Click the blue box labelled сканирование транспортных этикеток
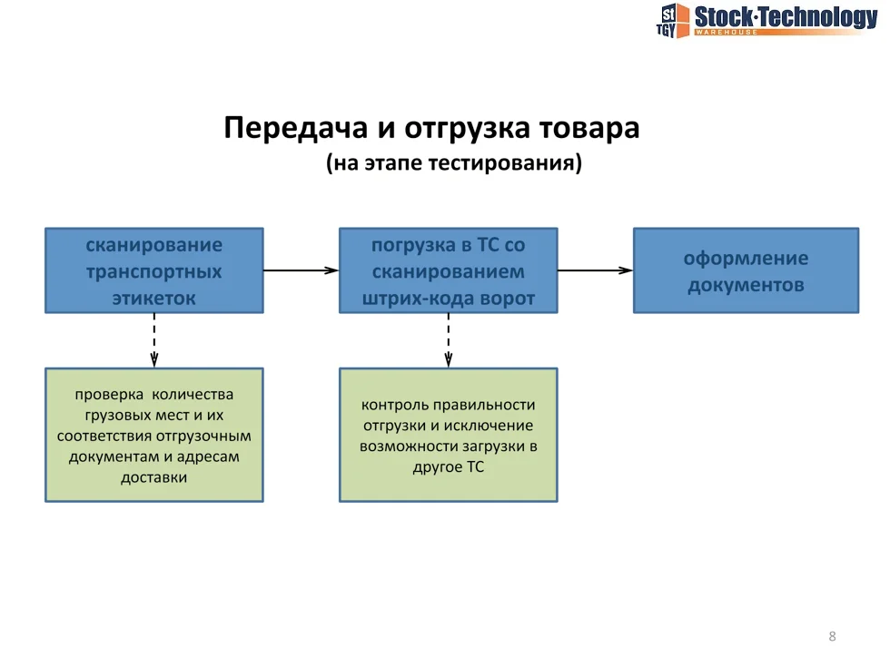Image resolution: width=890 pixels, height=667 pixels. (154, 270)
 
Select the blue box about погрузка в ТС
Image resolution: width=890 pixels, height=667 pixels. (448, 270)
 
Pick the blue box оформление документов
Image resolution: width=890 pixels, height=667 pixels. (746, 270)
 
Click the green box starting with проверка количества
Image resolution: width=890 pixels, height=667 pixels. (154, 435)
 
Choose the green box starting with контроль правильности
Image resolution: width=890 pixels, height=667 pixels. (448, 435)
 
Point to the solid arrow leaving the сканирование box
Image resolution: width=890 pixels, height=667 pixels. (301, 270)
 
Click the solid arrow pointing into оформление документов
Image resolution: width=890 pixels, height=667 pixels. (595, 270)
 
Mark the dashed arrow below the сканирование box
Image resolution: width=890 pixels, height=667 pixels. (154, 340)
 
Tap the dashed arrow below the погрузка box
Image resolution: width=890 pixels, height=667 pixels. (448, 340)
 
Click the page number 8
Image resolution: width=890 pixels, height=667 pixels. (832, 636)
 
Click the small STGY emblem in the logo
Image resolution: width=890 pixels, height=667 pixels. (670, 20)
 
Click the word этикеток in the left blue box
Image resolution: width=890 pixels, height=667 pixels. (154, 298)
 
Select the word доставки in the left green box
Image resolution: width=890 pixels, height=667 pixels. (154, 477)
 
